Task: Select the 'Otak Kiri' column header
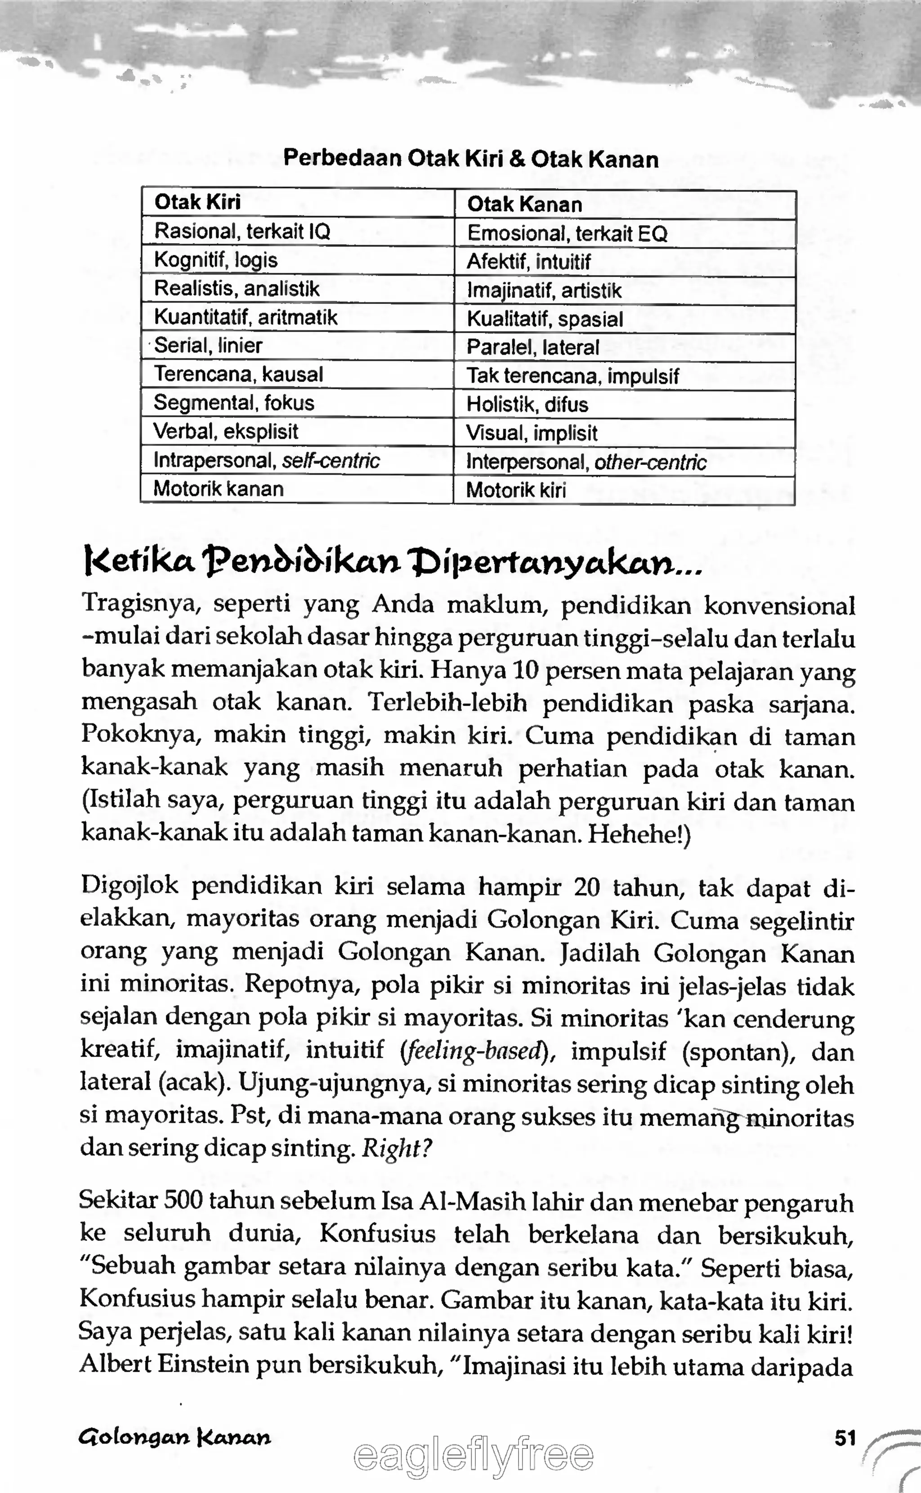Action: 197,202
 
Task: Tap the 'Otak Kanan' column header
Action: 524,205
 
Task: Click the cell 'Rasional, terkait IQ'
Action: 242,232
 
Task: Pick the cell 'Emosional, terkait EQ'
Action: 567,234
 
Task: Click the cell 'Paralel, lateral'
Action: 532,348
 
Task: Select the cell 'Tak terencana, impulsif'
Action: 572,376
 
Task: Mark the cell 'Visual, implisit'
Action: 531,433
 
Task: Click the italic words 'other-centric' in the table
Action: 650,462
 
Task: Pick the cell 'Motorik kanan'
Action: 218,489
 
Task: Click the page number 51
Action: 845,1439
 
